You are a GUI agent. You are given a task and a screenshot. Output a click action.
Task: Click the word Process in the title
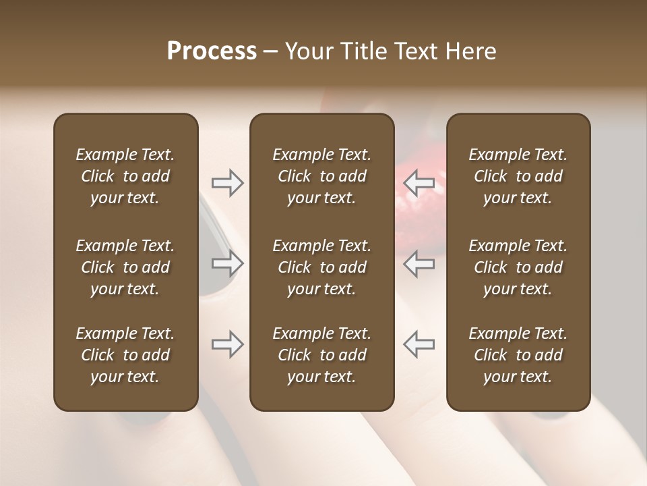[x=212, y=51]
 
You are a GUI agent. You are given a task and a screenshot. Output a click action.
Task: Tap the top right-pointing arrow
[x=227, y=183]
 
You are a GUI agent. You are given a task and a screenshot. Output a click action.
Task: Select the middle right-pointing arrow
[x=227, y=263]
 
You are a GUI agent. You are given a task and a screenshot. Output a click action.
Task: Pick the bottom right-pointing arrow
[x=227, y=344]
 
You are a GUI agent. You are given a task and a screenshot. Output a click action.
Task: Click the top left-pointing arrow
[x=419, y=183]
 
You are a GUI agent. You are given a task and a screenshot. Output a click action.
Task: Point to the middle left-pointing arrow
[x=419, y=263]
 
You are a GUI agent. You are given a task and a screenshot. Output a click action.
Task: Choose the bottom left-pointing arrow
[x=419, y=344]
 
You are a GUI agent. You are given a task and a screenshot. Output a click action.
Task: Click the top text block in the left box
[x=125, y=176]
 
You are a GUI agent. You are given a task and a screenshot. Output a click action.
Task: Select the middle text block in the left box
[x=125, y=267]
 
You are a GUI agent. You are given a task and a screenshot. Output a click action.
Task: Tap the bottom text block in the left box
[x=125, y=355]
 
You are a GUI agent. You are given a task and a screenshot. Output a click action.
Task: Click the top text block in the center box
[x=321, y=176]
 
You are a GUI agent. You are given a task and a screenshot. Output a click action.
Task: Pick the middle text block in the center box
[x=321, y=267]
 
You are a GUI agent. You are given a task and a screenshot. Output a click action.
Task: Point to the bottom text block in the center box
[x=321, y=355]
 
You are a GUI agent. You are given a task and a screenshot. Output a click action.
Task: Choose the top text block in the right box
[x=518, y=176]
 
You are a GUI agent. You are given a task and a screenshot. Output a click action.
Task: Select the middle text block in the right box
[x=518, y=267]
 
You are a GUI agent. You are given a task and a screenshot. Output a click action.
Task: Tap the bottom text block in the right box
[x=518, y=355]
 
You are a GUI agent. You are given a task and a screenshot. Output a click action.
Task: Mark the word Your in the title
[x=309, y=51]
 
